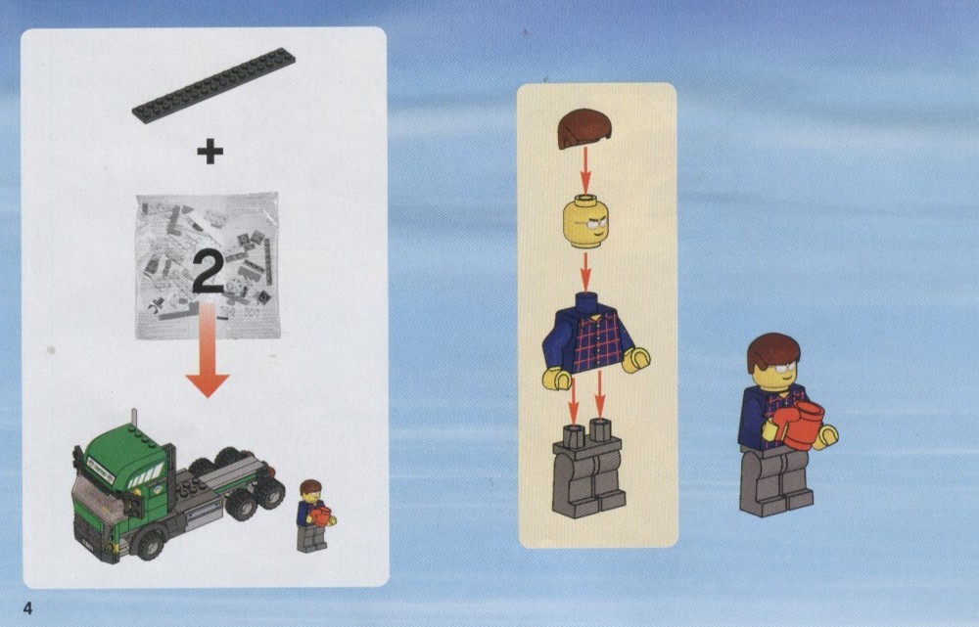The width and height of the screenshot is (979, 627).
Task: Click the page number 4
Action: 27,607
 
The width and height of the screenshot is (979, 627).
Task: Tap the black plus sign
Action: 210,152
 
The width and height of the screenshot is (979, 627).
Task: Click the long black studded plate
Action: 213,85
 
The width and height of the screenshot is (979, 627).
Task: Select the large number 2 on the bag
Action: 208,271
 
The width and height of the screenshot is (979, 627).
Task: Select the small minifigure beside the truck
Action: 314,515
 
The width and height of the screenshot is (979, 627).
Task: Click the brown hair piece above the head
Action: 583,128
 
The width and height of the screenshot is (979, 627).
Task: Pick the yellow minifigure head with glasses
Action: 585,221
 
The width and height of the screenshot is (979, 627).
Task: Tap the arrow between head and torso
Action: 585,271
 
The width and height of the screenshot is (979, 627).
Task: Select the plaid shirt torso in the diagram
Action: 594,340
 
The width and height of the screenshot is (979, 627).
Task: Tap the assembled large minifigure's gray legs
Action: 775,480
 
